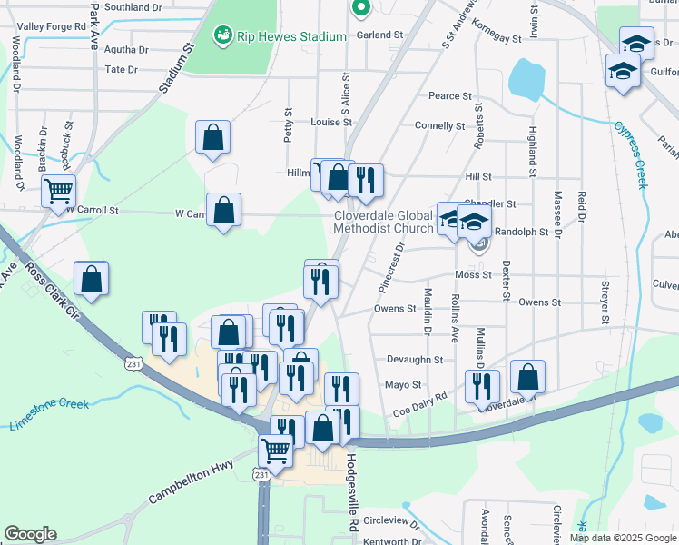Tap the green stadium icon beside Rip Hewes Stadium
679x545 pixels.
click(221, 36)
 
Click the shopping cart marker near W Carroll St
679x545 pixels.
click(58, 191)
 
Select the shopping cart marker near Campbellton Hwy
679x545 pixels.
click(276, 449)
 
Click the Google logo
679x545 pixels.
click(30, 534)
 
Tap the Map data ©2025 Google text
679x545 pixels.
click(622, 538)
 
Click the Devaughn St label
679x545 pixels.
click(414, 360)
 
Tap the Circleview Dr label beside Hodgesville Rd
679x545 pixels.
click(390, 524)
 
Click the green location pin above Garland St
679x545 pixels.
click(360, 7)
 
